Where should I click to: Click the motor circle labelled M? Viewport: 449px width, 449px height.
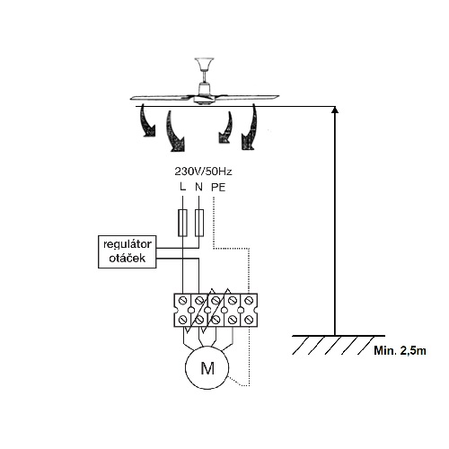[x=207, y=367]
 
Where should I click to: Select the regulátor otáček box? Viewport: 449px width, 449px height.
[x=128, y=251]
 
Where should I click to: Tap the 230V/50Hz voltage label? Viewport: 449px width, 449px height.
[x=203, y=172]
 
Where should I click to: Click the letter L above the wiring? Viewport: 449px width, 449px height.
[x=182, y=187]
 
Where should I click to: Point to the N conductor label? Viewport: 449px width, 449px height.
[x=198, y=187]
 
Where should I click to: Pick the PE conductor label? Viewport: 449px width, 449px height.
[x=218, y=188]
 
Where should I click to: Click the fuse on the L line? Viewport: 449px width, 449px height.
[x=182, y=223]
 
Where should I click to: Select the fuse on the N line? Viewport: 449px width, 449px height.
[x=199, y=223]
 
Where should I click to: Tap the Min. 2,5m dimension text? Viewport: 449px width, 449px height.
[x=400, y=350]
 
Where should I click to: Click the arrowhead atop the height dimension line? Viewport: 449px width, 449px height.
[x=335, y=110]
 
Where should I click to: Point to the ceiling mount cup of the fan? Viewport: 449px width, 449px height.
[x=203, y=64]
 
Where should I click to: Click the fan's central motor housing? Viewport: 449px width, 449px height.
[x=204, y=93]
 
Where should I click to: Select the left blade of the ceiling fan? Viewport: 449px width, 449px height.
[x=162, y=98]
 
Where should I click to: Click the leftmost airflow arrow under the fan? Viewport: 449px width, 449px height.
[x=147, y=121]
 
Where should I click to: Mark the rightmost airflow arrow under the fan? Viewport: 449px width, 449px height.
[x=250, y=127]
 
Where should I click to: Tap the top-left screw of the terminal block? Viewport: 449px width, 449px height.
[x=183, y=300]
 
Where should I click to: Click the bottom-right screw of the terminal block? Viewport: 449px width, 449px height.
[x=248, y=320]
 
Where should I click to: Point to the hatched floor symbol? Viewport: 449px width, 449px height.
[x=339, y=345]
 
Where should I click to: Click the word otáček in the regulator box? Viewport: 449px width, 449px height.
[x=128, y=258]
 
